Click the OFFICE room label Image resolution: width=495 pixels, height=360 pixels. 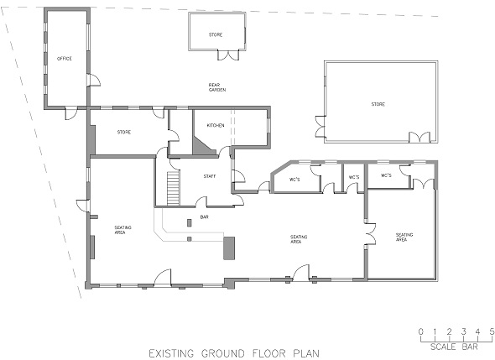pyautogui.click(x=65, y=59)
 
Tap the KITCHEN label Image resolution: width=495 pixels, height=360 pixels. pyautogui.click(x=216, y=125)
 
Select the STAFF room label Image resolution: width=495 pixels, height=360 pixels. pyautogui.click(x=210, y=176)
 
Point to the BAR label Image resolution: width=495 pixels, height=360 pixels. pyautogui.click(x=204, y=217)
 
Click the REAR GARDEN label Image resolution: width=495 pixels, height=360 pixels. pyautogui.click(x=217, y=87)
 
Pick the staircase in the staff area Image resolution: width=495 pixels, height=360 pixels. pyautogui.click(x=174, y=188)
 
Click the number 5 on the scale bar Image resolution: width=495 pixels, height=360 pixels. pyautogui.click(x=492, y=331)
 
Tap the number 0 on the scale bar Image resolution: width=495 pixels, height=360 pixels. pyautogui.click(x=421, y=331)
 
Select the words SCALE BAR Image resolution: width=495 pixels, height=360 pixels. pyautogui.click(x=454, y=347)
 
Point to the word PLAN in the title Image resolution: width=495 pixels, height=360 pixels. pyautogui.click(x=306, y=353)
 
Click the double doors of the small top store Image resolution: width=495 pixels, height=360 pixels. pyautogui.click(x=228, y=55)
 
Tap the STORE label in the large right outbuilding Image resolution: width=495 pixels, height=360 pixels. pyautogui.click(x=378, y=104)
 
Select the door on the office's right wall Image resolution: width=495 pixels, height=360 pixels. pyautogui.click(x=94, y=80)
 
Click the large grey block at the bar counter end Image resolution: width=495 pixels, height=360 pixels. pyautogui.click(x=229, y=248)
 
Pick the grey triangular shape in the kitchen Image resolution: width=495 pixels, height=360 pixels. pyautogui.click(x=203, y=145)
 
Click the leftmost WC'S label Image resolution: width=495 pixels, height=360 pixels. pyautogui.click(x=294, y=180)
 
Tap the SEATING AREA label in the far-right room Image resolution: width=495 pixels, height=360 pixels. pyautogui.click(x=404, y=237)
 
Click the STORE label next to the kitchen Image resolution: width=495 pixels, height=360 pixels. pyautogui.click(x=124, y=132)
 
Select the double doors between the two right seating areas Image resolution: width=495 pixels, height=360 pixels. pyautogui.click(x=370, y=233)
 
